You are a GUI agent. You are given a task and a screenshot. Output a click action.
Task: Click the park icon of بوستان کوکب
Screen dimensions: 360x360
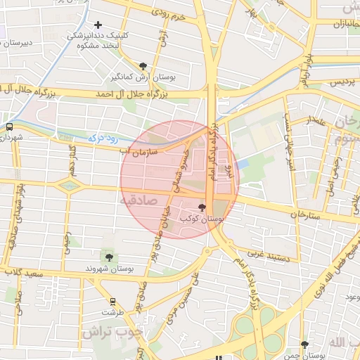[203, 207]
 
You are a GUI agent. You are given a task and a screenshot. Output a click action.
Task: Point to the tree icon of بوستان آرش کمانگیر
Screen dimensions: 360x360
[143, 65]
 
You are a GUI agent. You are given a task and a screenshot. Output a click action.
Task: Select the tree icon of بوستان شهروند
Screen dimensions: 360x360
[108, 257]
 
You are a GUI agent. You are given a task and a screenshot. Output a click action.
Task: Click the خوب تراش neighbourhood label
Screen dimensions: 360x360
[117, 333]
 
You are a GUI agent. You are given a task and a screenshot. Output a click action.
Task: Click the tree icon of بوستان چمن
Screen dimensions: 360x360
[304, 345]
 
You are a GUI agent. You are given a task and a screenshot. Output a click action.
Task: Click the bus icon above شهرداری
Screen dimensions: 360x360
[9, 127]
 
